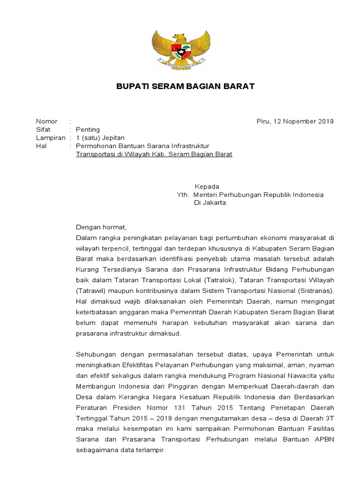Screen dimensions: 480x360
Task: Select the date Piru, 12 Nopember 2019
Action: tap(295, 121)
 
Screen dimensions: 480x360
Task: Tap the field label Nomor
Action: tap(47, 121)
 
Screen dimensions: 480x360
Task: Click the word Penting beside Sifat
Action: tap(88, 130)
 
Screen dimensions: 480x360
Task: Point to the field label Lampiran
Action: tap(51, 138)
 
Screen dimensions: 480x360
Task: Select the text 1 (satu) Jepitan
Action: tap(99, 138)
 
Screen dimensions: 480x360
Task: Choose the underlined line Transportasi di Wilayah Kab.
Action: tap(154, 154)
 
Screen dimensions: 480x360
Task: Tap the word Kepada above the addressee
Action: tap(207, 187)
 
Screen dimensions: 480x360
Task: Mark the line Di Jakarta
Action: tap(210, 203)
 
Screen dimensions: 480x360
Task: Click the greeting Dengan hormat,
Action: tap(101, 227)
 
